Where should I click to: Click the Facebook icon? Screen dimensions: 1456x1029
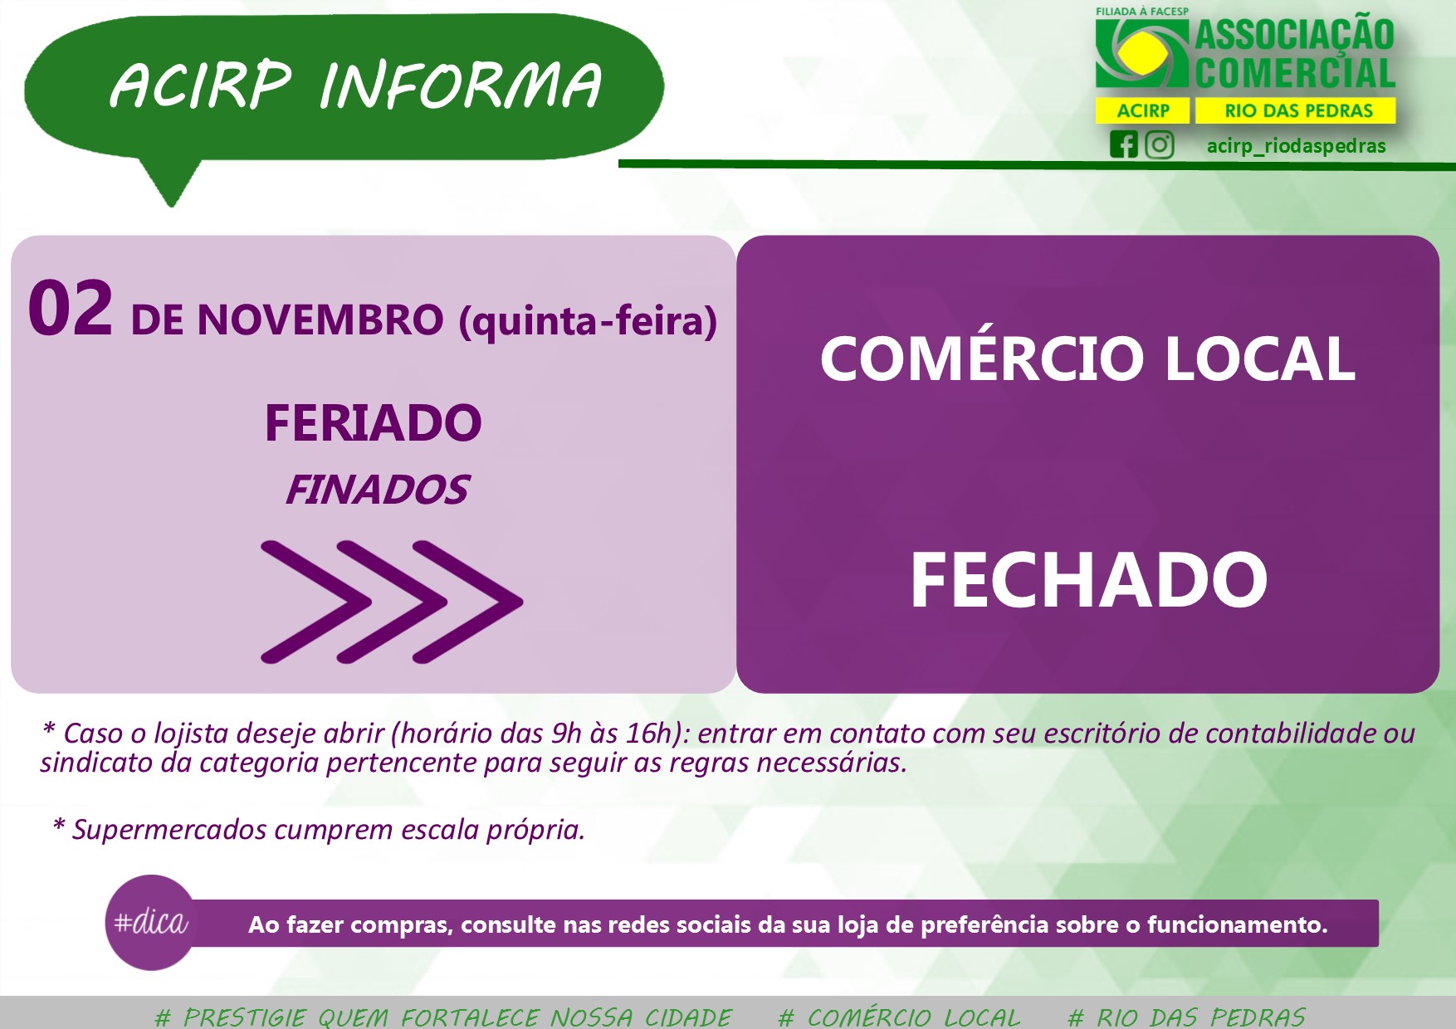[1124, 144]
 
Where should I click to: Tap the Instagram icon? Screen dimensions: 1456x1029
[1160, 144]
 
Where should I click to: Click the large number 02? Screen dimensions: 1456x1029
[71, 309]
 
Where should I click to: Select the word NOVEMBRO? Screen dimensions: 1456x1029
[320, 320]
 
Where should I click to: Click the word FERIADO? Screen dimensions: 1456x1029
[373, 423]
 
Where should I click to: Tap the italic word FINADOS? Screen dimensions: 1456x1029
[377, 490]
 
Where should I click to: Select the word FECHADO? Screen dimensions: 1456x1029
[1088, 580]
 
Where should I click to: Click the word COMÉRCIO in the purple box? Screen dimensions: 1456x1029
[983, 358]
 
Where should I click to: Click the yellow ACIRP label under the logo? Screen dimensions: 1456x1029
[1143, 110]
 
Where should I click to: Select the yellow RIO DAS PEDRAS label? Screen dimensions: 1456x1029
[1298, 110]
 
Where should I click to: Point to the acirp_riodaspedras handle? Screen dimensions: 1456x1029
[1296, 146]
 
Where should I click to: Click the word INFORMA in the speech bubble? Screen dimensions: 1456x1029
[460, 85]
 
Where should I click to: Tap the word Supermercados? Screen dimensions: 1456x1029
[169, 829]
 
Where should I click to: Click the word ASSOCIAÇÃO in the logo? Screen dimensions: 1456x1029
[1295, 35]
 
